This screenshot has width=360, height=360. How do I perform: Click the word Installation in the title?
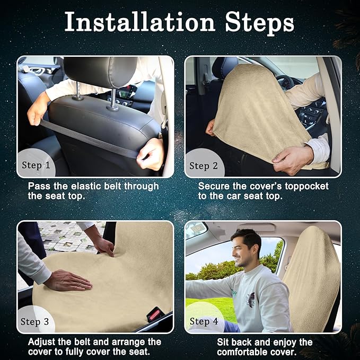pos(140,22)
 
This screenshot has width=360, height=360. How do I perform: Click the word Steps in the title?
pos(259,24)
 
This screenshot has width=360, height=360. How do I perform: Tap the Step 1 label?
pos(36,165)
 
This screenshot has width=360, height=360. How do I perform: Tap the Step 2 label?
pos(204,166)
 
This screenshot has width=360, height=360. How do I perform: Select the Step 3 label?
pos(34,322)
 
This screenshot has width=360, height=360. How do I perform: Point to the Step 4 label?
pos(204,321)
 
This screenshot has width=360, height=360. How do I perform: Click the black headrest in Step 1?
pos(101,72)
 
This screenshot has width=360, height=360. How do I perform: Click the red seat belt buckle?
pos(154,314)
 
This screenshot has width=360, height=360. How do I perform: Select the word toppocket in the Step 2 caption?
pos(306,187)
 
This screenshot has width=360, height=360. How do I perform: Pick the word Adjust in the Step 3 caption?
pos(41,342)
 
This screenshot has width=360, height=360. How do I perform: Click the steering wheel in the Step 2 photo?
pos(285,83)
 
